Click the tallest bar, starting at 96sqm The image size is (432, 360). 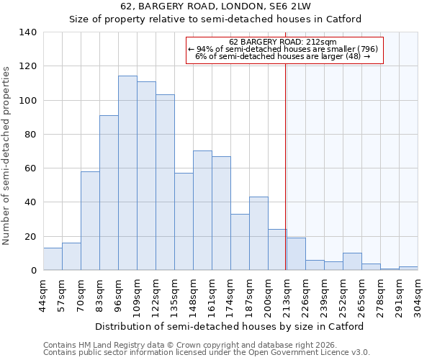127,173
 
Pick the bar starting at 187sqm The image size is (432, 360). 258,233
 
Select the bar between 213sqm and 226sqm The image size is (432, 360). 296,254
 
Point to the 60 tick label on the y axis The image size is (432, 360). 30,168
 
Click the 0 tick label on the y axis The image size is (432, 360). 33,271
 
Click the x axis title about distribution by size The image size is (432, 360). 229,326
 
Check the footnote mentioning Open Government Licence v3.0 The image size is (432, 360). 207,353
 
